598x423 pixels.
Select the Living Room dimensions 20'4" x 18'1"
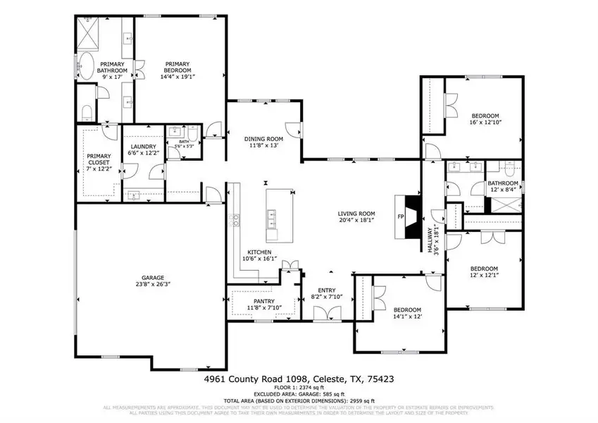click(356, 221)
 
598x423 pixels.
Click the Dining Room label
click(263, 139)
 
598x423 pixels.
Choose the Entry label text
click(326, 290)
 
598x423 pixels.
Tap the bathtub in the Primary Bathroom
click(88, 66)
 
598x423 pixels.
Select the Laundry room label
click(142, 147)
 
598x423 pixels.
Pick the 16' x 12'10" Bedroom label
click(485, 116)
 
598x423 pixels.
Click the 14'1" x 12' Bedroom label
click(406, 310)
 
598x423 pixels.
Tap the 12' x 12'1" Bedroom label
click(484, 269)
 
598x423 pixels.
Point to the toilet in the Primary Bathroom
click(87, 112)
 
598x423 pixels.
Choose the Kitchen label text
click(259, 252)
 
